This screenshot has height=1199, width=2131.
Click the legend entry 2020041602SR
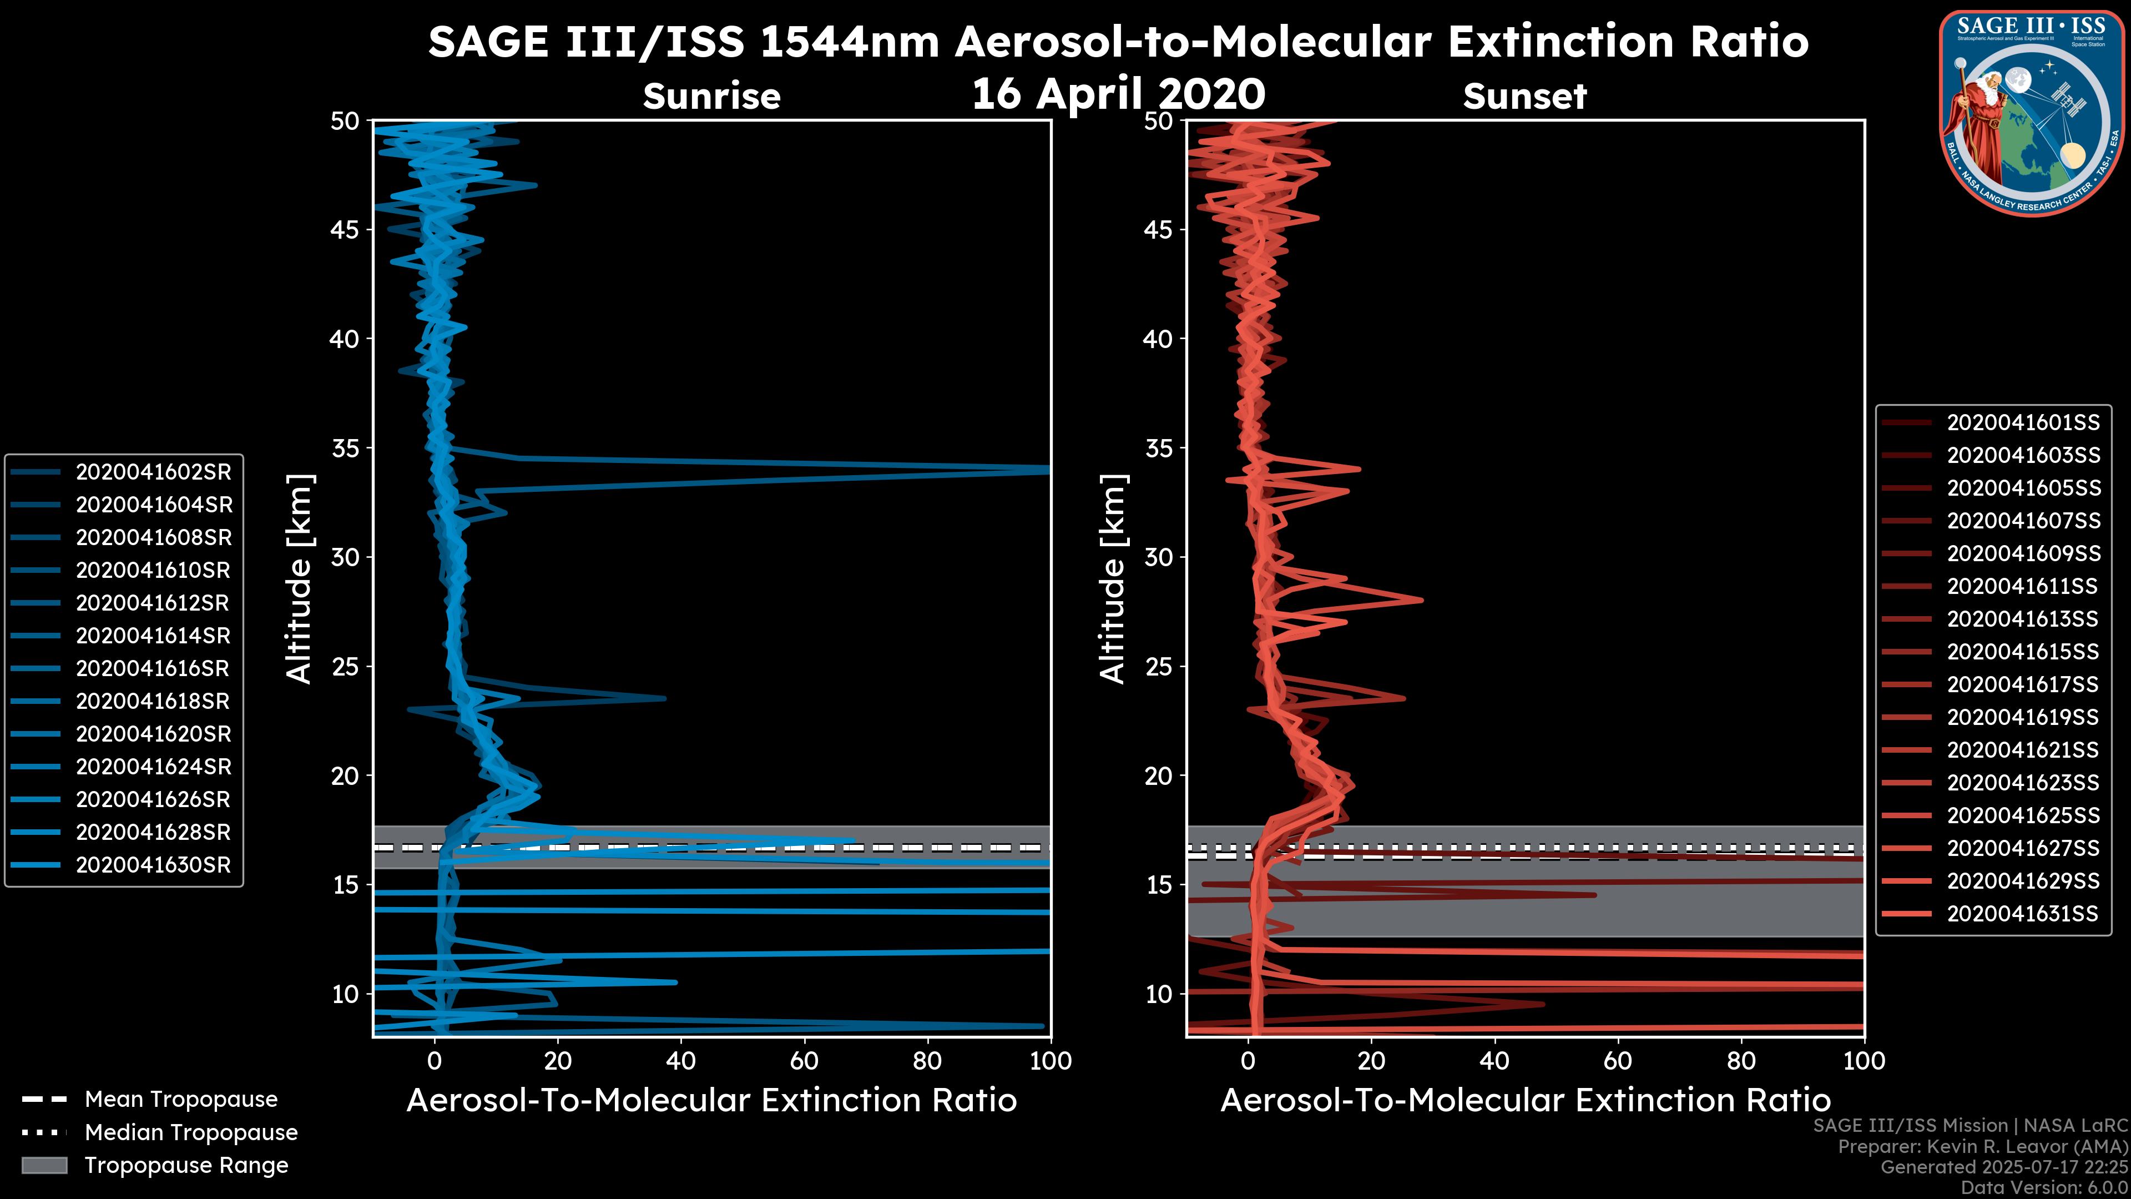click(x=153, y=472)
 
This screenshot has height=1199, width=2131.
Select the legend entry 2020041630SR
click(x=153, y=865)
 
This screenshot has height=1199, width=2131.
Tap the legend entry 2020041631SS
click(x=2023, y=914)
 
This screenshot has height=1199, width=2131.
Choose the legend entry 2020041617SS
click(x=2023, y=684)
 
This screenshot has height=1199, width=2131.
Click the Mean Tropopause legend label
click(x=181, y=1099)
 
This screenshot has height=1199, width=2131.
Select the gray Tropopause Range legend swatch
click(x=44, y=1165)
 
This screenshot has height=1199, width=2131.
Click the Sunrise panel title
click(x=711, y=96)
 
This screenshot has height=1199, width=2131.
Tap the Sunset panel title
click(x=1524, y=96)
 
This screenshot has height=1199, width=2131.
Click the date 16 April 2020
click(x=1118, y=93)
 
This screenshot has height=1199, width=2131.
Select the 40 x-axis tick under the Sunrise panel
click(x=681, y=1061)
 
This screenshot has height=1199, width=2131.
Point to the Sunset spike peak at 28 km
click(x=1421, y=600)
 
